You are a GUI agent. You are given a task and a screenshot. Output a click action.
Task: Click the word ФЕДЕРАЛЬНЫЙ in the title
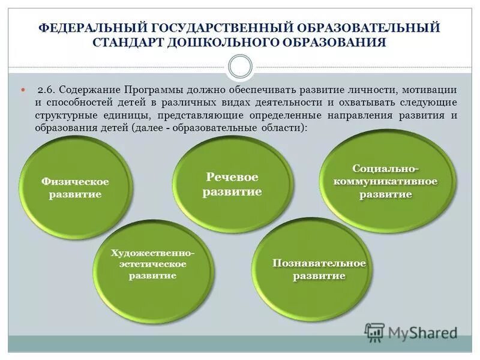(x=96, y=28)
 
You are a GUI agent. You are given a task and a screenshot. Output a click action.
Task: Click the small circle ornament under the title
(x=240, y=67)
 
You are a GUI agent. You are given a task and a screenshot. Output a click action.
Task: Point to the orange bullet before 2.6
(x=24, y=90)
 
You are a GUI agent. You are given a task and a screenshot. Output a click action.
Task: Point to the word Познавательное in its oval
(x=319, y=263)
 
